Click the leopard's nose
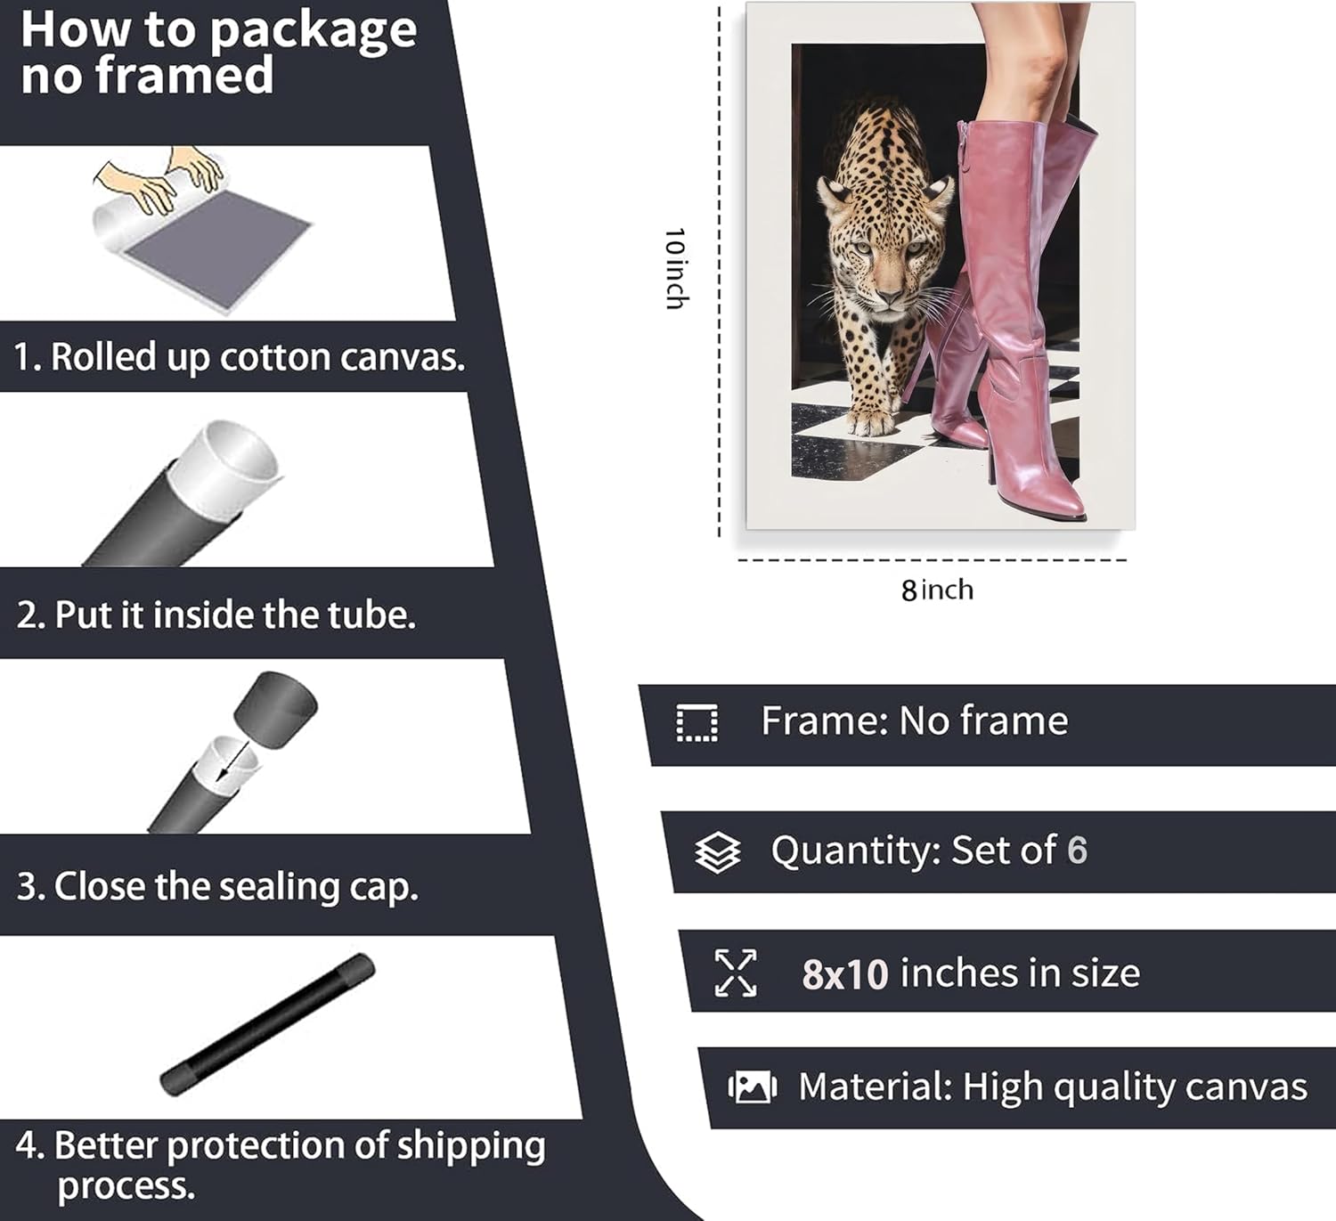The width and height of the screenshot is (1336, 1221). tap(889, 294)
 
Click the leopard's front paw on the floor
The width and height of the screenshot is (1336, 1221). tap(870, 421)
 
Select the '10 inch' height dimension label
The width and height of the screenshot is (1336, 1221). tap(675, 268)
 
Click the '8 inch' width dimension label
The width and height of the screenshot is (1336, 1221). tap(937, 590)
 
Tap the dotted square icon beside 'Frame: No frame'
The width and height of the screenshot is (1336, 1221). tap(697, 723)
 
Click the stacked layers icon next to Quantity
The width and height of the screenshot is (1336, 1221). tap(717, 852)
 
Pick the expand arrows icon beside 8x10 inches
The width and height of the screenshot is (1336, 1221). tap(736, 973)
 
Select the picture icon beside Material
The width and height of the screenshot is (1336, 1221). tap(752, 1087)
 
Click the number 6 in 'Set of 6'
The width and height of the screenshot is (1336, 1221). tap(1077, 850)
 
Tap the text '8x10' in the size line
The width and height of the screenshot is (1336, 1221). tap(845, 974)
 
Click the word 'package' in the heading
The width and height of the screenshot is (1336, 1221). tap(313, 33)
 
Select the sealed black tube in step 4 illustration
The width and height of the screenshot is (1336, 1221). tap(268, 1025)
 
